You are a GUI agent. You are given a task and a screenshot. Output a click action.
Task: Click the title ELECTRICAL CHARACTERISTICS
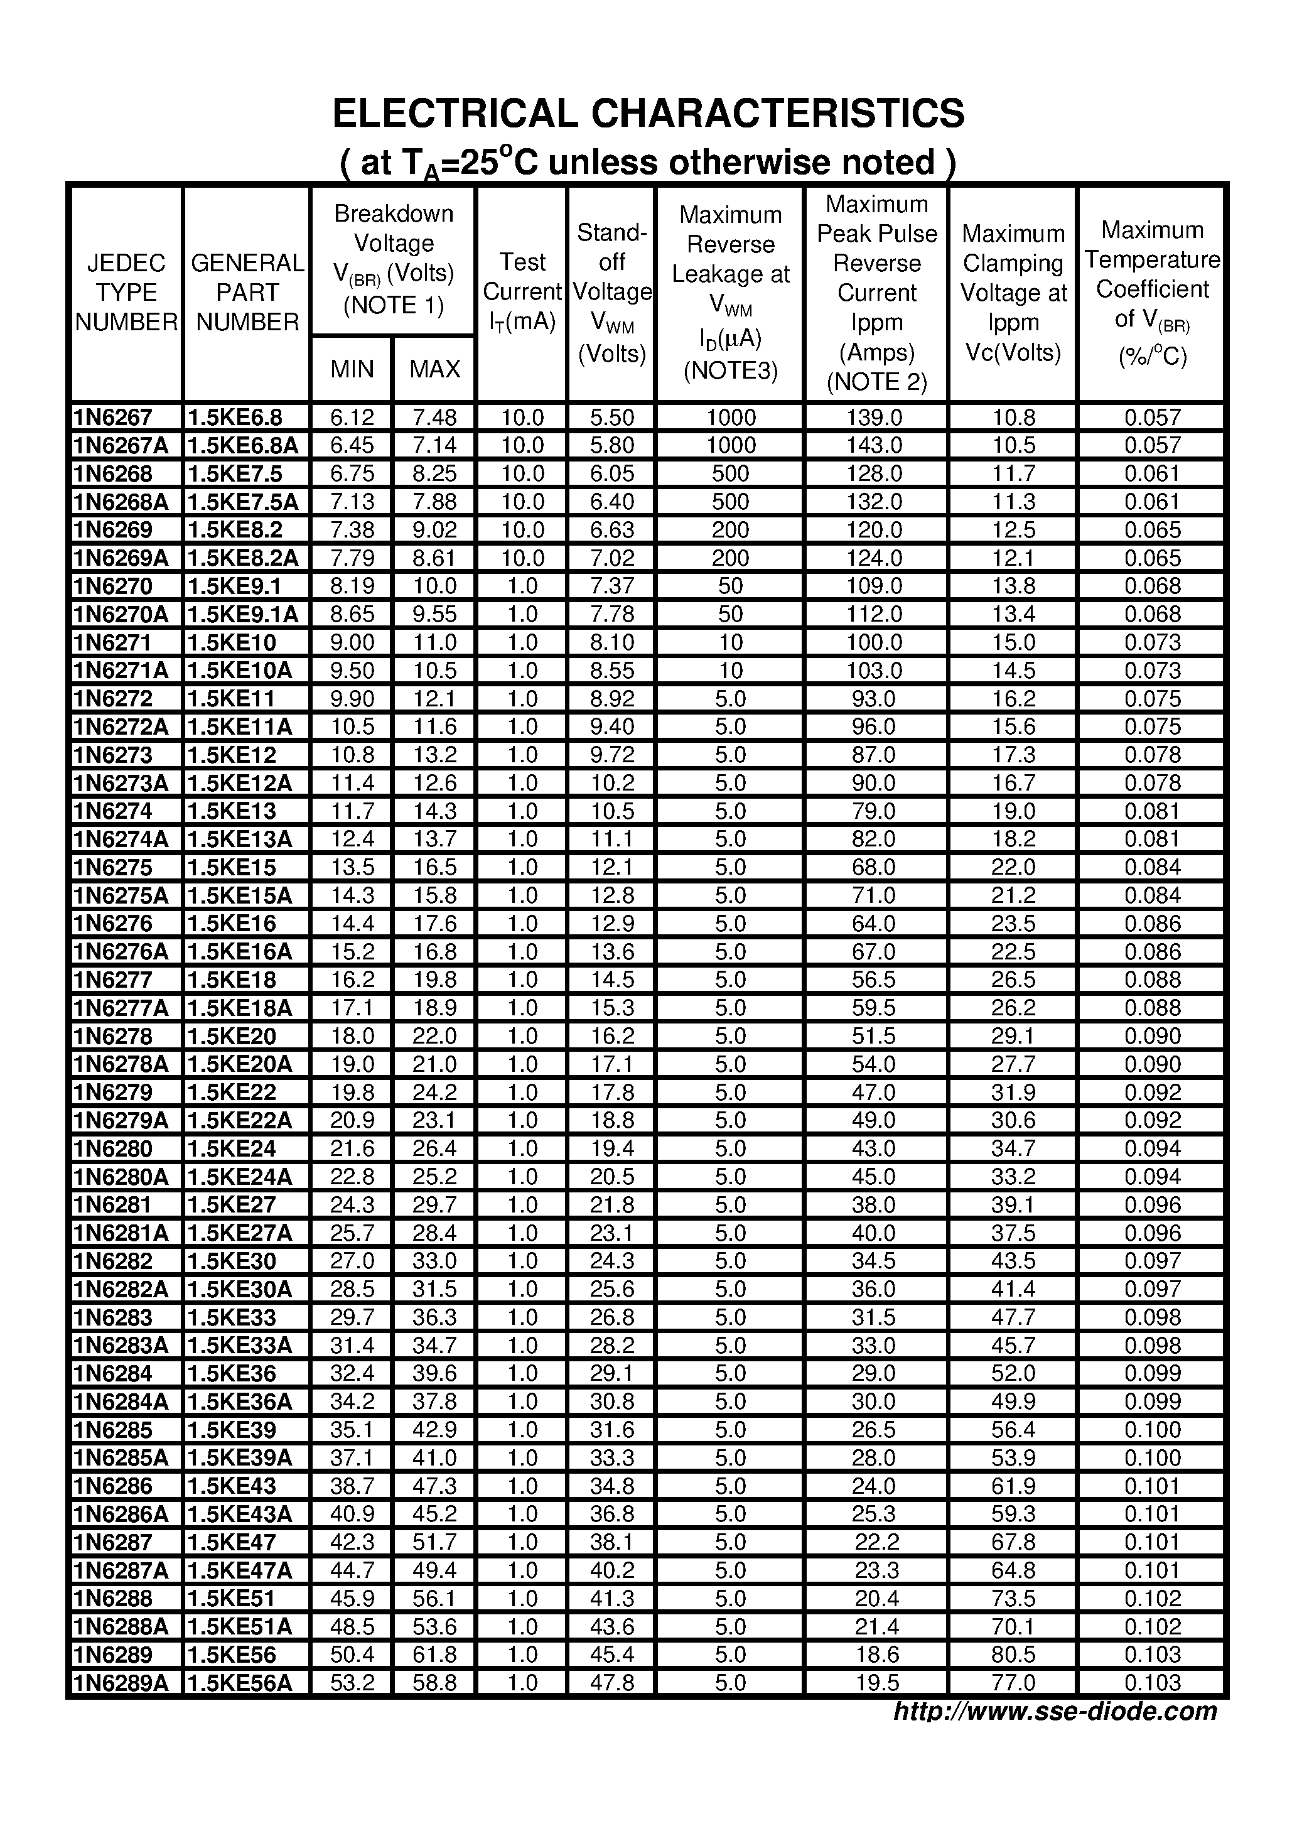click(648, 114)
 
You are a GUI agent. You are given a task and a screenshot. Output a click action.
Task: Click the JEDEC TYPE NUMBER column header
click(126, 293)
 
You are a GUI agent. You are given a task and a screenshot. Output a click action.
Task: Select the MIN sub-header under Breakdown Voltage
click(352, 369)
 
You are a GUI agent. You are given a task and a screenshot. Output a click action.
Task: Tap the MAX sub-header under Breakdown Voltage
click(434, 369)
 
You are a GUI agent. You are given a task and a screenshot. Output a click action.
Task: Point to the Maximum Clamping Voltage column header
click(1013, 293)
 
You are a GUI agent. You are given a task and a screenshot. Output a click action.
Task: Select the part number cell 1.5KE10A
click(239, 670)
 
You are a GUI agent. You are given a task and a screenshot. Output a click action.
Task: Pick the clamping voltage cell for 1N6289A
click(1013, 1682)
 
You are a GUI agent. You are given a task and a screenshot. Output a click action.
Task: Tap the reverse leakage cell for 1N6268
click(730, 473)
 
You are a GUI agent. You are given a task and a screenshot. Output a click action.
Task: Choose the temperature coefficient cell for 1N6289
click(1151, 1655)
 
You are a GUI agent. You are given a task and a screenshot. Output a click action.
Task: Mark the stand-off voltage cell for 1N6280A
click(611, 1176)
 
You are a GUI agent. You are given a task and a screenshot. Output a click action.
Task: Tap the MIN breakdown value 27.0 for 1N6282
click(352, 1261)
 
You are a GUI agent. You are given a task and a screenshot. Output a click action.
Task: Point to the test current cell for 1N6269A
click(522, 558)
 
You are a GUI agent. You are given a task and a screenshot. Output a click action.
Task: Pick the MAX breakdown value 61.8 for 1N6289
click(434, 1655)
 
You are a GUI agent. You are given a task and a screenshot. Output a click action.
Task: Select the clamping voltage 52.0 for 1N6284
click(1013, 1373)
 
